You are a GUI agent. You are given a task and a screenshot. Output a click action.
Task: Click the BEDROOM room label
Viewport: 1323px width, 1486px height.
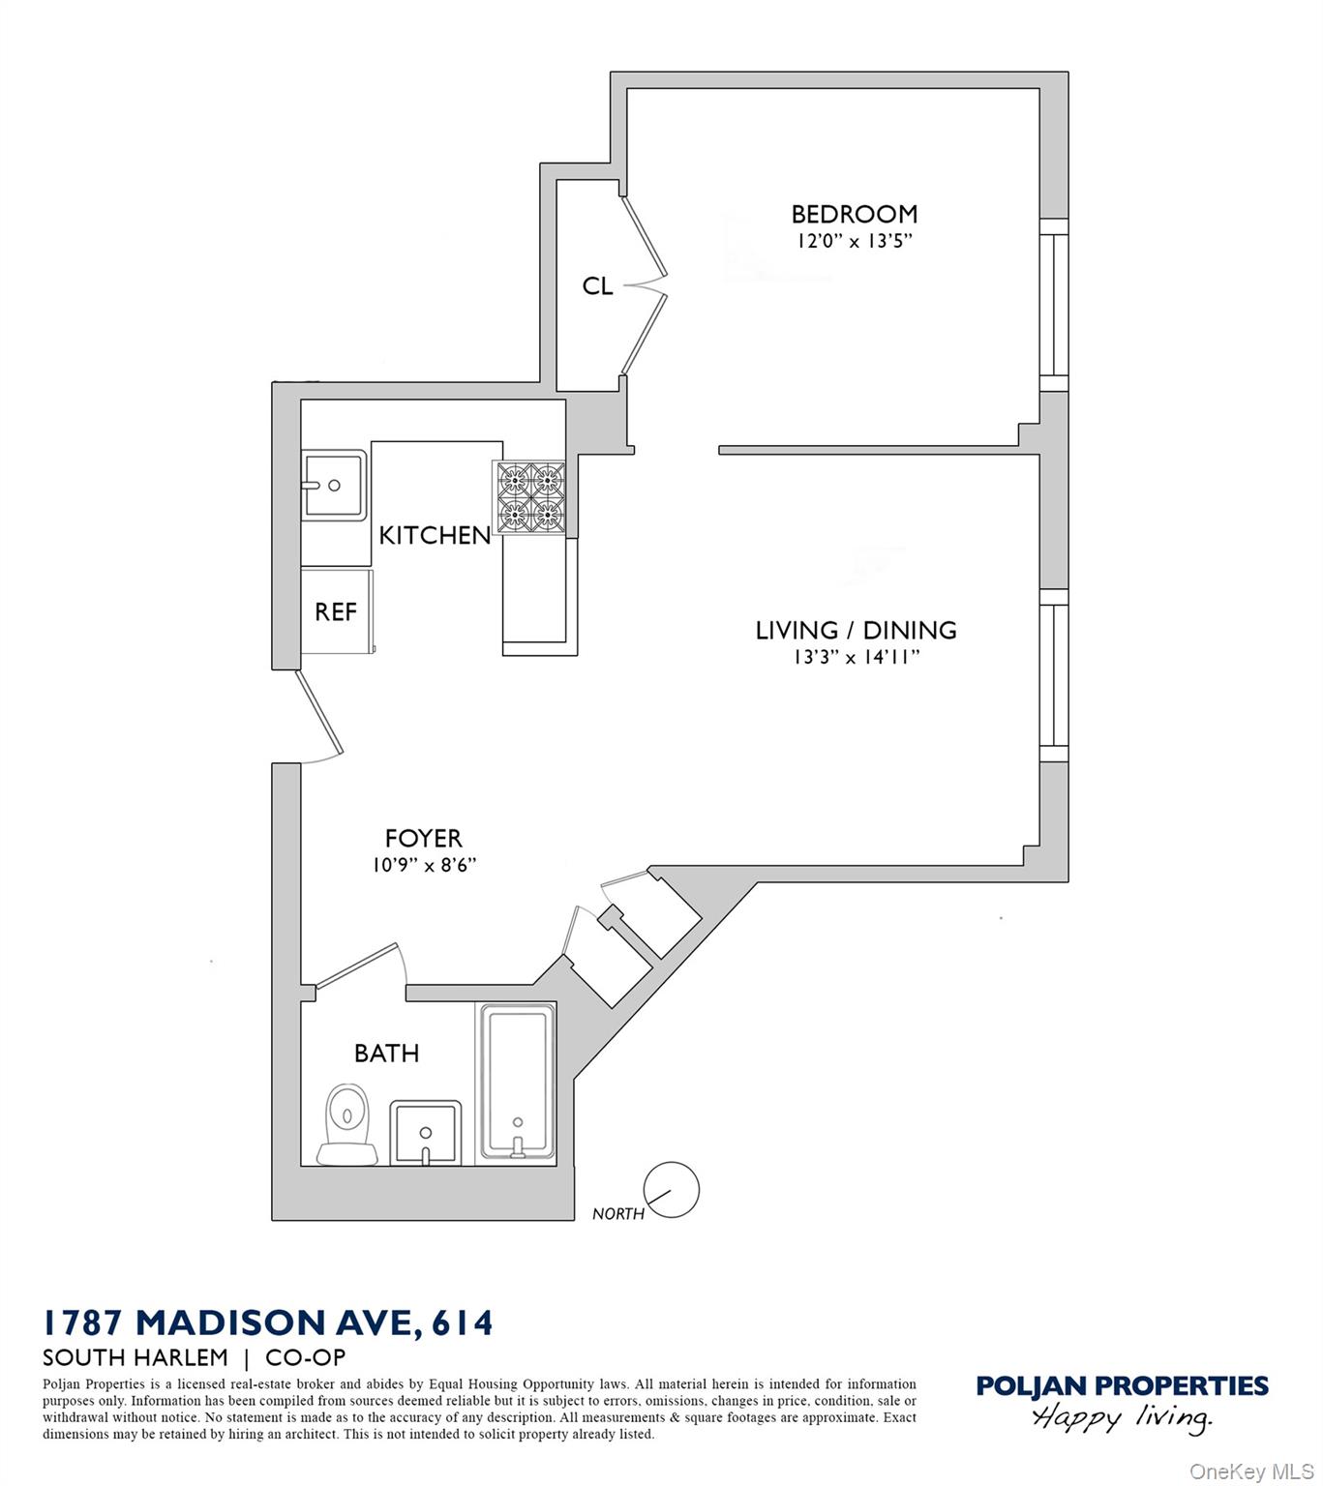854,214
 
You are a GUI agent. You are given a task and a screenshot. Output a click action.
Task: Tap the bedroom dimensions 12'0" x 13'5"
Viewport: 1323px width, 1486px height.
854,241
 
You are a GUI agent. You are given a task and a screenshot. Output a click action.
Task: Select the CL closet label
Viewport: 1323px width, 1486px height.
597,286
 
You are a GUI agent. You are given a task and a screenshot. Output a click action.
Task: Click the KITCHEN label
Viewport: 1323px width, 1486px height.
435,535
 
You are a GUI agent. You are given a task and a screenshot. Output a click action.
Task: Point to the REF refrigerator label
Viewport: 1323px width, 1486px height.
336,612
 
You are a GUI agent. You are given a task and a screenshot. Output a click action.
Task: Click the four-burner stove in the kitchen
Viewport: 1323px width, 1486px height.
530,496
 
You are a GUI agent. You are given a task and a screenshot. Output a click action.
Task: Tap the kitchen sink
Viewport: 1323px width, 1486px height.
333,485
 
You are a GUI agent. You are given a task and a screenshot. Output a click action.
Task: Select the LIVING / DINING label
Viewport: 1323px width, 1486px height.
856,631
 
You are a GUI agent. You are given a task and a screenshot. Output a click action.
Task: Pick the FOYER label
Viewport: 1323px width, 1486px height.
423,838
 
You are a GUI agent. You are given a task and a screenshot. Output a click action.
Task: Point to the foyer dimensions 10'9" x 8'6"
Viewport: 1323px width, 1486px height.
424,865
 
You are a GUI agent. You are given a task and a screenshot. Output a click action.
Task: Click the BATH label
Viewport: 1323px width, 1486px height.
386,1053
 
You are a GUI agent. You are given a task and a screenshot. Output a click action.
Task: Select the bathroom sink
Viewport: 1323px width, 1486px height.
424,1133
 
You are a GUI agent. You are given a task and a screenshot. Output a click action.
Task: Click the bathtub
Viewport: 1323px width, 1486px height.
518,1082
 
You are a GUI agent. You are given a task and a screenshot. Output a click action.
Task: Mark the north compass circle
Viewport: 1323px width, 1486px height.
671,1189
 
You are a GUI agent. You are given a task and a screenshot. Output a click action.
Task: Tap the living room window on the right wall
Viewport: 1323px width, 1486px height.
1053,674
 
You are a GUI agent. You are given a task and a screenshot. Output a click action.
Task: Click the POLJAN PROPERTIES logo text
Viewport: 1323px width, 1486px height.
1122,1386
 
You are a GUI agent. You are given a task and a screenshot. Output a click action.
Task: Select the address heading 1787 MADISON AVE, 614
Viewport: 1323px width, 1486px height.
268,1323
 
